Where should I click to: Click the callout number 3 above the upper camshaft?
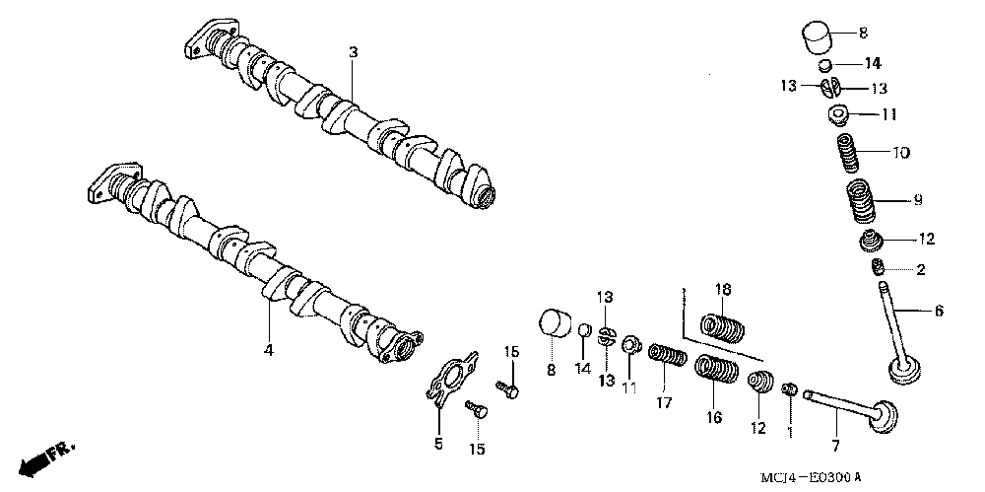353,50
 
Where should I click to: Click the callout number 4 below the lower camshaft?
267,350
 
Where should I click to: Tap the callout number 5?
439,444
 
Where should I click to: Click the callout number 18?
723,289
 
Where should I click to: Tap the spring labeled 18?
725,324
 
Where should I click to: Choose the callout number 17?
664,402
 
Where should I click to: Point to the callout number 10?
901,153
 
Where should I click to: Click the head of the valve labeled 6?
906,372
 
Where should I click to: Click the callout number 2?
921,268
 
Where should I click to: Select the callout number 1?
789,431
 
